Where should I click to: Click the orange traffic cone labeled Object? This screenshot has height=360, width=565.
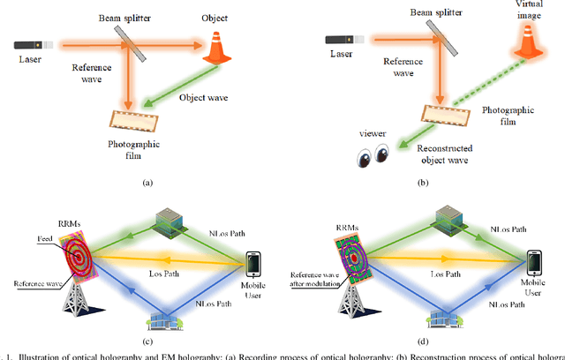[x=216, y=48]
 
